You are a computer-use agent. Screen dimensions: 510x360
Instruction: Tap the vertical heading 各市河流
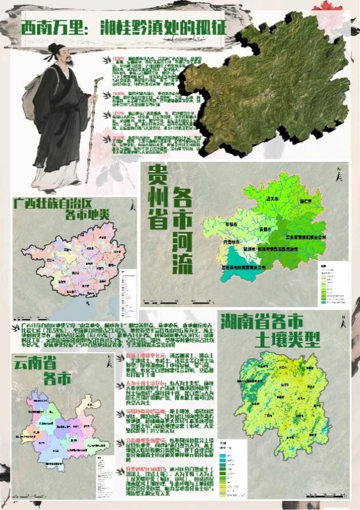pos(183,229)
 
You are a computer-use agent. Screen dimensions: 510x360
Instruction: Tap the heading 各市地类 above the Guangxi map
pos(86,216)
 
